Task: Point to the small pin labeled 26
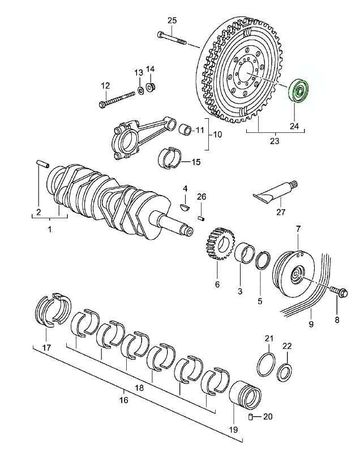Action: (201, 217)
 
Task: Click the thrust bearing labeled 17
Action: (54, 310)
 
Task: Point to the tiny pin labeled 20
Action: (250, 417)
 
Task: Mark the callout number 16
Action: (124, 400)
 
